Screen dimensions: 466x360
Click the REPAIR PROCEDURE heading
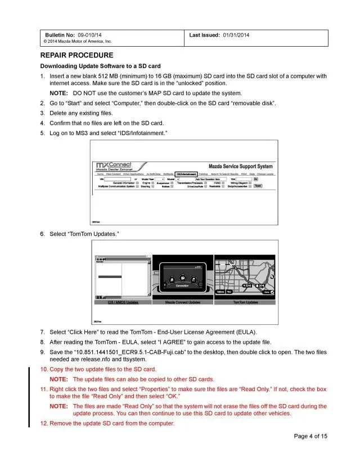(76, 55)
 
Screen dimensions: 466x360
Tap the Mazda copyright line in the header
(78, 42)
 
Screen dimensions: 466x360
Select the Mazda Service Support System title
(240, 166)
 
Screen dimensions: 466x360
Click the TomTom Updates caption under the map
(245, 302)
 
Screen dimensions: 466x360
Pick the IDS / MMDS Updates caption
(123, 302)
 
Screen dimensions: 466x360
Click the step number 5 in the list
(42, 133)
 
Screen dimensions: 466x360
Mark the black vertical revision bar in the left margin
(29, 397)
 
